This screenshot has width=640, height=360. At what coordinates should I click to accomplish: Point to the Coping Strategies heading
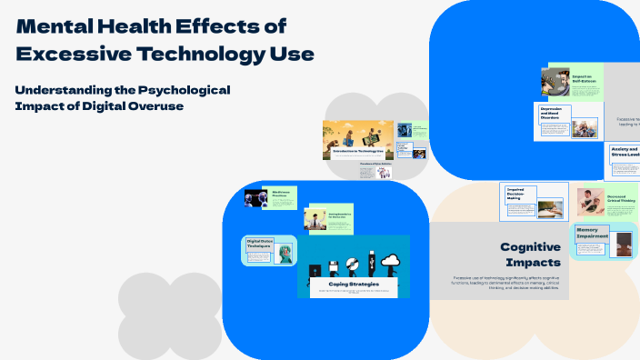pyautogui.click(x=354, y=284)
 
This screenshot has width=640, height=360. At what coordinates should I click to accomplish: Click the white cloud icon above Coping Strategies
pyautogui.click(x=391, y=261)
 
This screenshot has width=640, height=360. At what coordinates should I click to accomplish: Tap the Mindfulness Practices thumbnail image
pyautogui.click(x=254, y=197)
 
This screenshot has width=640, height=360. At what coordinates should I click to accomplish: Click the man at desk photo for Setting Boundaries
pyautogui.click(x=315, y=219)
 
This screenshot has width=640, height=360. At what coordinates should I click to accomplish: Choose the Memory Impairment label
pyautogui.click(x=593, y=234)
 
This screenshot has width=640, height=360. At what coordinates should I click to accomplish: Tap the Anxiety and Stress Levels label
pyautogui.click(x=625, y=151)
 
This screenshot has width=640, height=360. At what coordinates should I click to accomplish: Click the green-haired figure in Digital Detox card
pyautogui.click(x=285, y=254)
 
